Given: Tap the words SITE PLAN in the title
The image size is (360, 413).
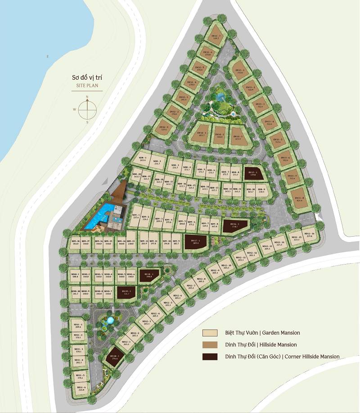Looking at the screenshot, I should pos(87,85).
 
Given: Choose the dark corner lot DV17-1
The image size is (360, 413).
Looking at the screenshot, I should pos(195,242).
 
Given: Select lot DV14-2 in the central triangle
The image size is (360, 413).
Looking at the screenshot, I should pos(219,135).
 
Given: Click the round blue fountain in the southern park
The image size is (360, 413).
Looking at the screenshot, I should pos(110,321).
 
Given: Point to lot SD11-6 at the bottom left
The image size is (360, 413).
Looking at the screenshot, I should pos(81,389).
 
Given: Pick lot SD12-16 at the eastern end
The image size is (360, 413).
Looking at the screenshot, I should pos(309,235).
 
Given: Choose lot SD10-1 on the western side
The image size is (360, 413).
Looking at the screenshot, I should pos(75,275).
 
